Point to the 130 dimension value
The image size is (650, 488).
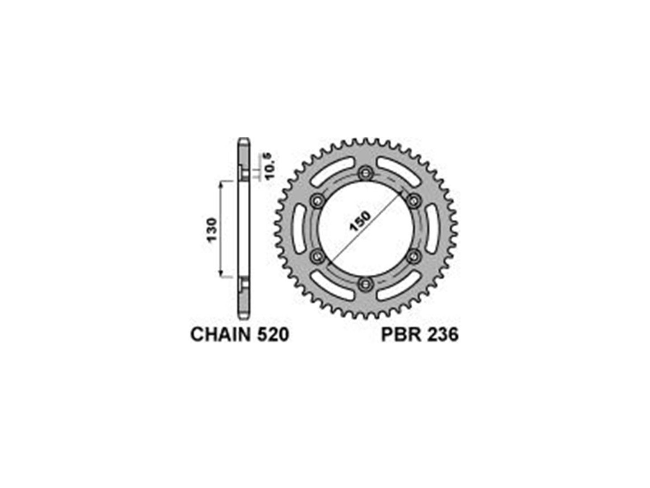(x=212, y=230)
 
